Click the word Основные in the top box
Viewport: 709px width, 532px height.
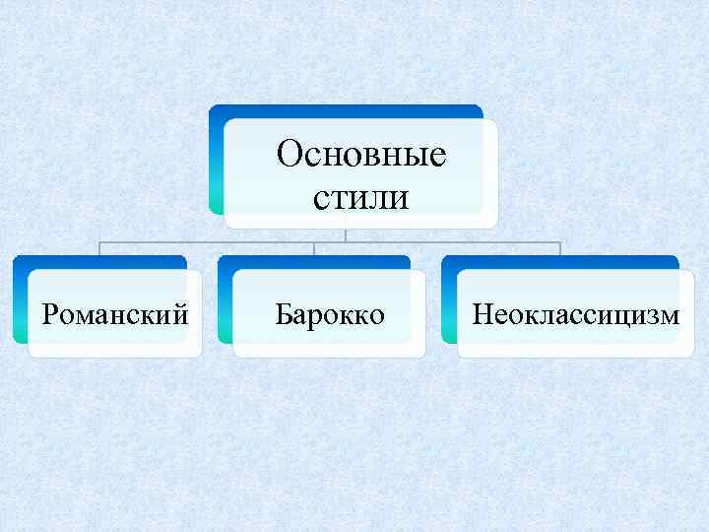coord(361,155)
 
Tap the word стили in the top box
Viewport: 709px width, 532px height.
coord(361,198)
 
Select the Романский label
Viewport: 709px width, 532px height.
coord(115,315)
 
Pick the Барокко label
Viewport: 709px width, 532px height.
coord(330,315)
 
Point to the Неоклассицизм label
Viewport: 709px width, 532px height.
coord(576,315)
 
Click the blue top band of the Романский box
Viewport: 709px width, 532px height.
coord(99,262)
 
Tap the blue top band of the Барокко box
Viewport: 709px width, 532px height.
coord(314,262)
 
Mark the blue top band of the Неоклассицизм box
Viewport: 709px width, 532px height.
coord(560,262)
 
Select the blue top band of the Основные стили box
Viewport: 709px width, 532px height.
coord(345,111)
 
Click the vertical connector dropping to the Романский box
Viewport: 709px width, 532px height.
coord(99,248)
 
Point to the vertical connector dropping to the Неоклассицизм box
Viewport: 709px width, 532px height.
coord(560,248)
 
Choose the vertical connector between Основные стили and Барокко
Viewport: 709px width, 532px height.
coord(314,248)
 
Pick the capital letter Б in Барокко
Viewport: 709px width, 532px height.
coord(284,315)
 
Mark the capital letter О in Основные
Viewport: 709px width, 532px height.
coord(290,155)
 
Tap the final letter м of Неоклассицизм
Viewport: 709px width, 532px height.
coord(670,316)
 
